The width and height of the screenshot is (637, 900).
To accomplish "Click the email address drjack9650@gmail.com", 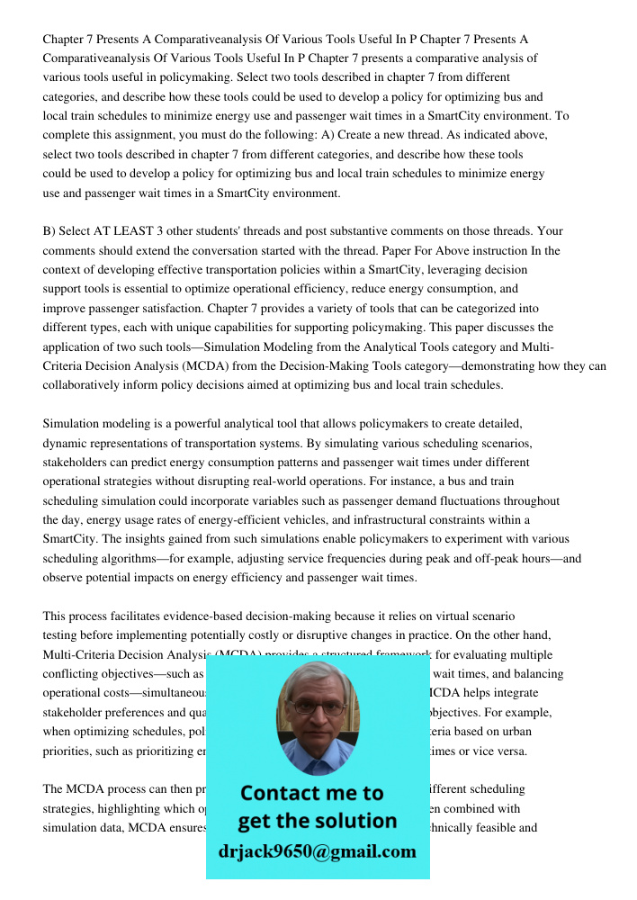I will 317,851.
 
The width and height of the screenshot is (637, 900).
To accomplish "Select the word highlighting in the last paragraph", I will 117,809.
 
